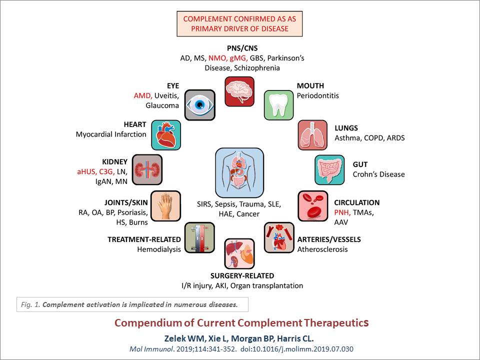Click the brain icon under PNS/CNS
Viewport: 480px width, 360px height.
pyautogui.click(x=239, y=91)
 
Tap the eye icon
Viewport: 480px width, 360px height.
pyautogui.click(x=200, y=104)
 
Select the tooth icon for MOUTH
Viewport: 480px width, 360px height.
pyautogui.click(x=278, y=104)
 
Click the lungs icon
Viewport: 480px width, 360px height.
pyautogui.click(x=313, y=135)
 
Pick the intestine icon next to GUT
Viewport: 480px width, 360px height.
pyautogui.click(x=329, y=169)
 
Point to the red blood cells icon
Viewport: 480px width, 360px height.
pyautogui.click(x=313, y=205)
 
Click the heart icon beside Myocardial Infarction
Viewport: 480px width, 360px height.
pyautogui.click(x=166, y=135)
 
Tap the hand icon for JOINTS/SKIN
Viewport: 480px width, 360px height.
pyautogui.click(x=166, y=205)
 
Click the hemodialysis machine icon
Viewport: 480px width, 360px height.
pyautogui.click(x=199, y=237)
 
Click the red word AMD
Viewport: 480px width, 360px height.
pyautogui.click(x=142, y=95)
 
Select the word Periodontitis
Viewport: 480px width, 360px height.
pyautogui.click(x=317, y=95)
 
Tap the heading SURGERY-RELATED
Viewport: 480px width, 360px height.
pyautogui.click(x=242, y=275)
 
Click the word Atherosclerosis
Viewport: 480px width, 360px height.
pyautogui.click(x=322, y=249)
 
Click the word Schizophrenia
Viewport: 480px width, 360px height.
pyautogui.click(x=258, y=67)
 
